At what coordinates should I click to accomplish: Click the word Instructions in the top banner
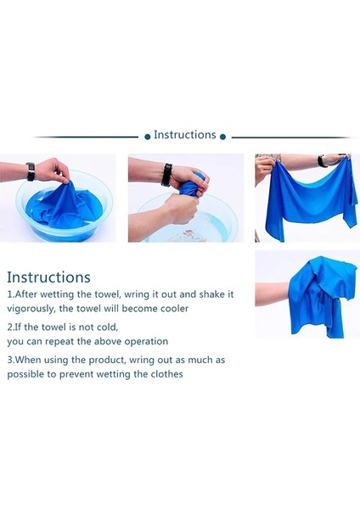click(x=184, y=135)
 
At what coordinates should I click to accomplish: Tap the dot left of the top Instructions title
click(x=147, y=136)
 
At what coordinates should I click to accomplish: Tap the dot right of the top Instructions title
click(x=223, y=136)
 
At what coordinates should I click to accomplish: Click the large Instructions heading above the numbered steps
click(x=48, y=277)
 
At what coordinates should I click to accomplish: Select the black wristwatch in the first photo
click(x=31, y=171)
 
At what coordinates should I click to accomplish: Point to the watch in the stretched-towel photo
click(x=322, y=160)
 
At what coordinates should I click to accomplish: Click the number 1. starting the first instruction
click(x=11, y=294)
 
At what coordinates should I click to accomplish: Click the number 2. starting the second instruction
click(x=11, y=327)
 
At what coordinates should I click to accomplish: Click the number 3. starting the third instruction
click(x=11, y=360)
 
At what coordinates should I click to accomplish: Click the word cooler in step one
click(x=172, y=309)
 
